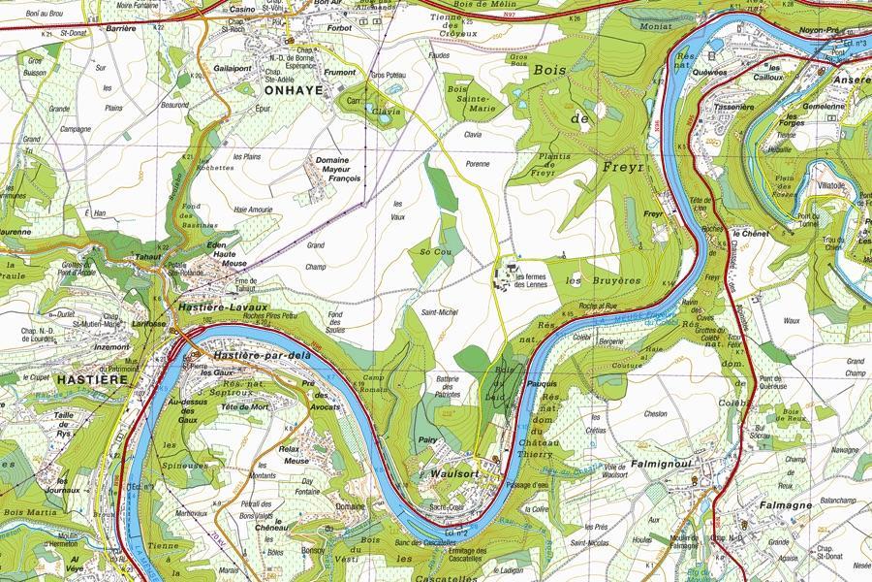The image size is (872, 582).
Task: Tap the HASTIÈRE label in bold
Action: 93,380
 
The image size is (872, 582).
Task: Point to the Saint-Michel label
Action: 439,311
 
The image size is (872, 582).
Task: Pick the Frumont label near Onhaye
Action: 343,72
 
